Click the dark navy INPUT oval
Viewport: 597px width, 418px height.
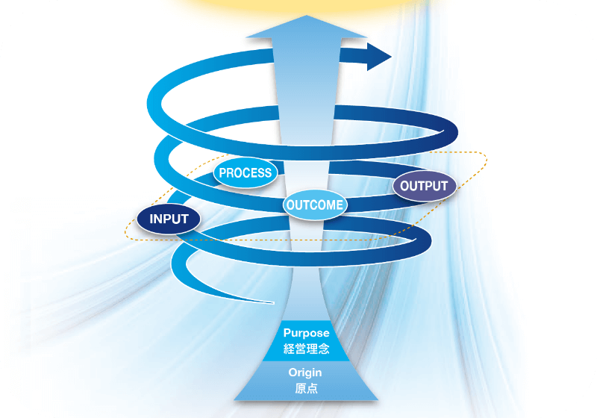point(168,219)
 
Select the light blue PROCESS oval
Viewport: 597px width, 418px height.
point(245,173)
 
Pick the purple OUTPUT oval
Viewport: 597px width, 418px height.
point(424,186)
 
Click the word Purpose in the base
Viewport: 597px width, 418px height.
point(306,333)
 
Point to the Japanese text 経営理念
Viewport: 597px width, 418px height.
point(306,348)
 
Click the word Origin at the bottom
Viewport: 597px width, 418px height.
point(306,373)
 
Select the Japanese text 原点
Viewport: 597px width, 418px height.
point(306,389)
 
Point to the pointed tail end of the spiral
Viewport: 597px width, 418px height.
point(270,302)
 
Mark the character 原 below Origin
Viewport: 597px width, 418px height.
point(300,389)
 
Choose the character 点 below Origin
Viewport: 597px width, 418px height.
point(312,389)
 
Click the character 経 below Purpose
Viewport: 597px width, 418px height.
point(289,348)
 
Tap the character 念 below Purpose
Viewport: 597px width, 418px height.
point(324,348)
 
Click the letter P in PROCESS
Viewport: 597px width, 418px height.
point(222,173)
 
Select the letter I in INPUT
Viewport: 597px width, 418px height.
point(151,219)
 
